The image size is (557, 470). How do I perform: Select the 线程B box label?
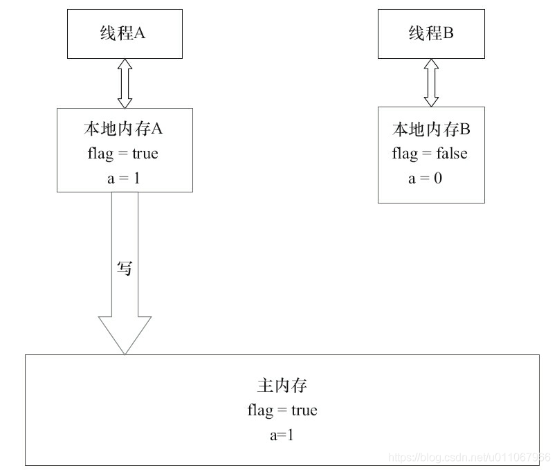[x=430, y=33]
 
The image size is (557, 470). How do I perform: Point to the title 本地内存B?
[x=430, y=129]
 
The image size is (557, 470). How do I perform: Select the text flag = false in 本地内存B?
[x=429, y=153]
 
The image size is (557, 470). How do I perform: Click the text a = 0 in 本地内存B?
[x=425, y=178]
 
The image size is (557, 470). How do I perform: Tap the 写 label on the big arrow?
[x=124, y=269]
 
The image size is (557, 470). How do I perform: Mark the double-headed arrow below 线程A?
[x=125, y=83]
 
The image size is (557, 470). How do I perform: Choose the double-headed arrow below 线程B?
[x=431, y=83]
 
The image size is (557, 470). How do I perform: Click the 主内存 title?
[x=282, y=386]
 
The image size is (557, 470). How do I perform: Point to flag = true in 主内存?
[x=282, y=410]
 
